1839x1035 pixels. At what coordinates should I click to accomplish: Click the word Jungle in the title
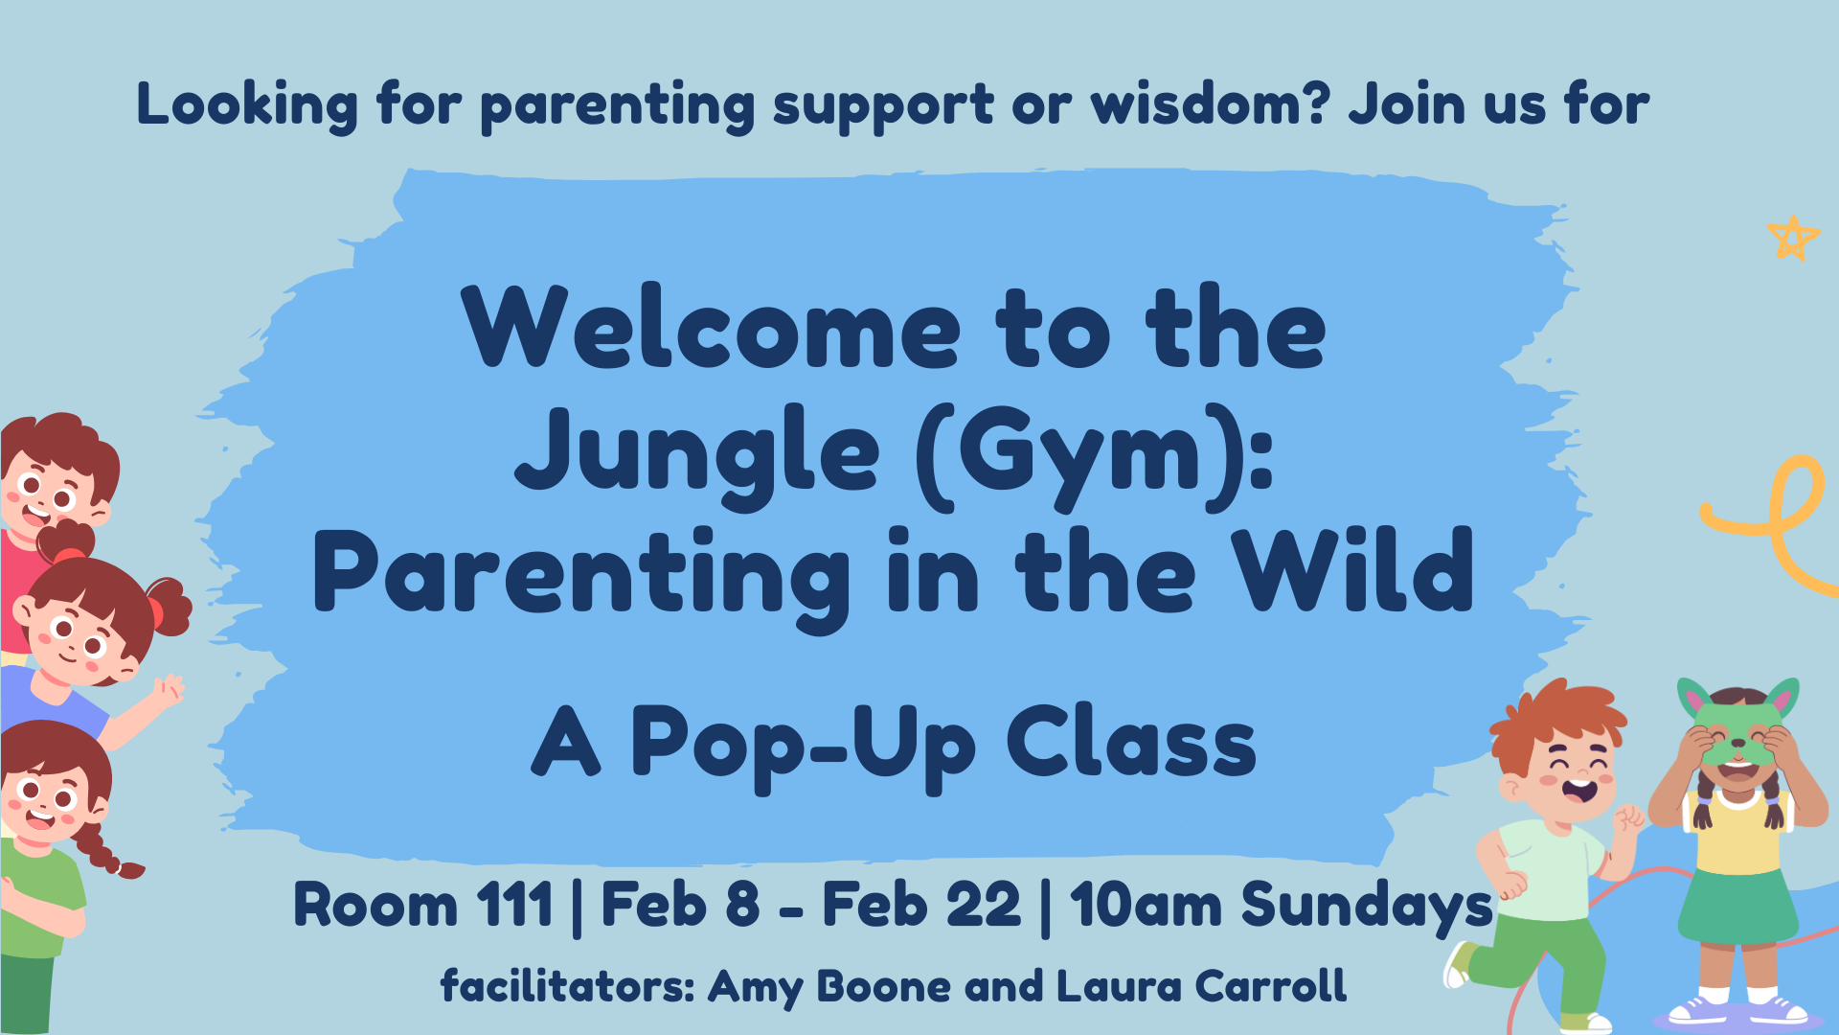pos(697,451)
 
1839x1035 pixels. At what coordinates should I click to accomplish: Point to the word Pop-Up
pos(804,747)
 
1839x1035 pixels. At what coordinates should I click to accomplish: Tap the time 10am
pos(1147,905)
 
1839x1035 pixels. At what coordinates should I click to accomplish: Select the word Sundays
pos(1368,907)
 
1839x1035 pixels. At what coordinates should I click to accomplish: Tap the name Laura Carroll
pos(1201,986)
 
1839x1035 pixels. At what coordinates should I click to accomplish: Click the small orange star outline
pos(1793,238)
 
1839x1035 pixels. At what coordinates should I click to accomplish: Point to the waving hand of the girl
pos(170,689)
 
